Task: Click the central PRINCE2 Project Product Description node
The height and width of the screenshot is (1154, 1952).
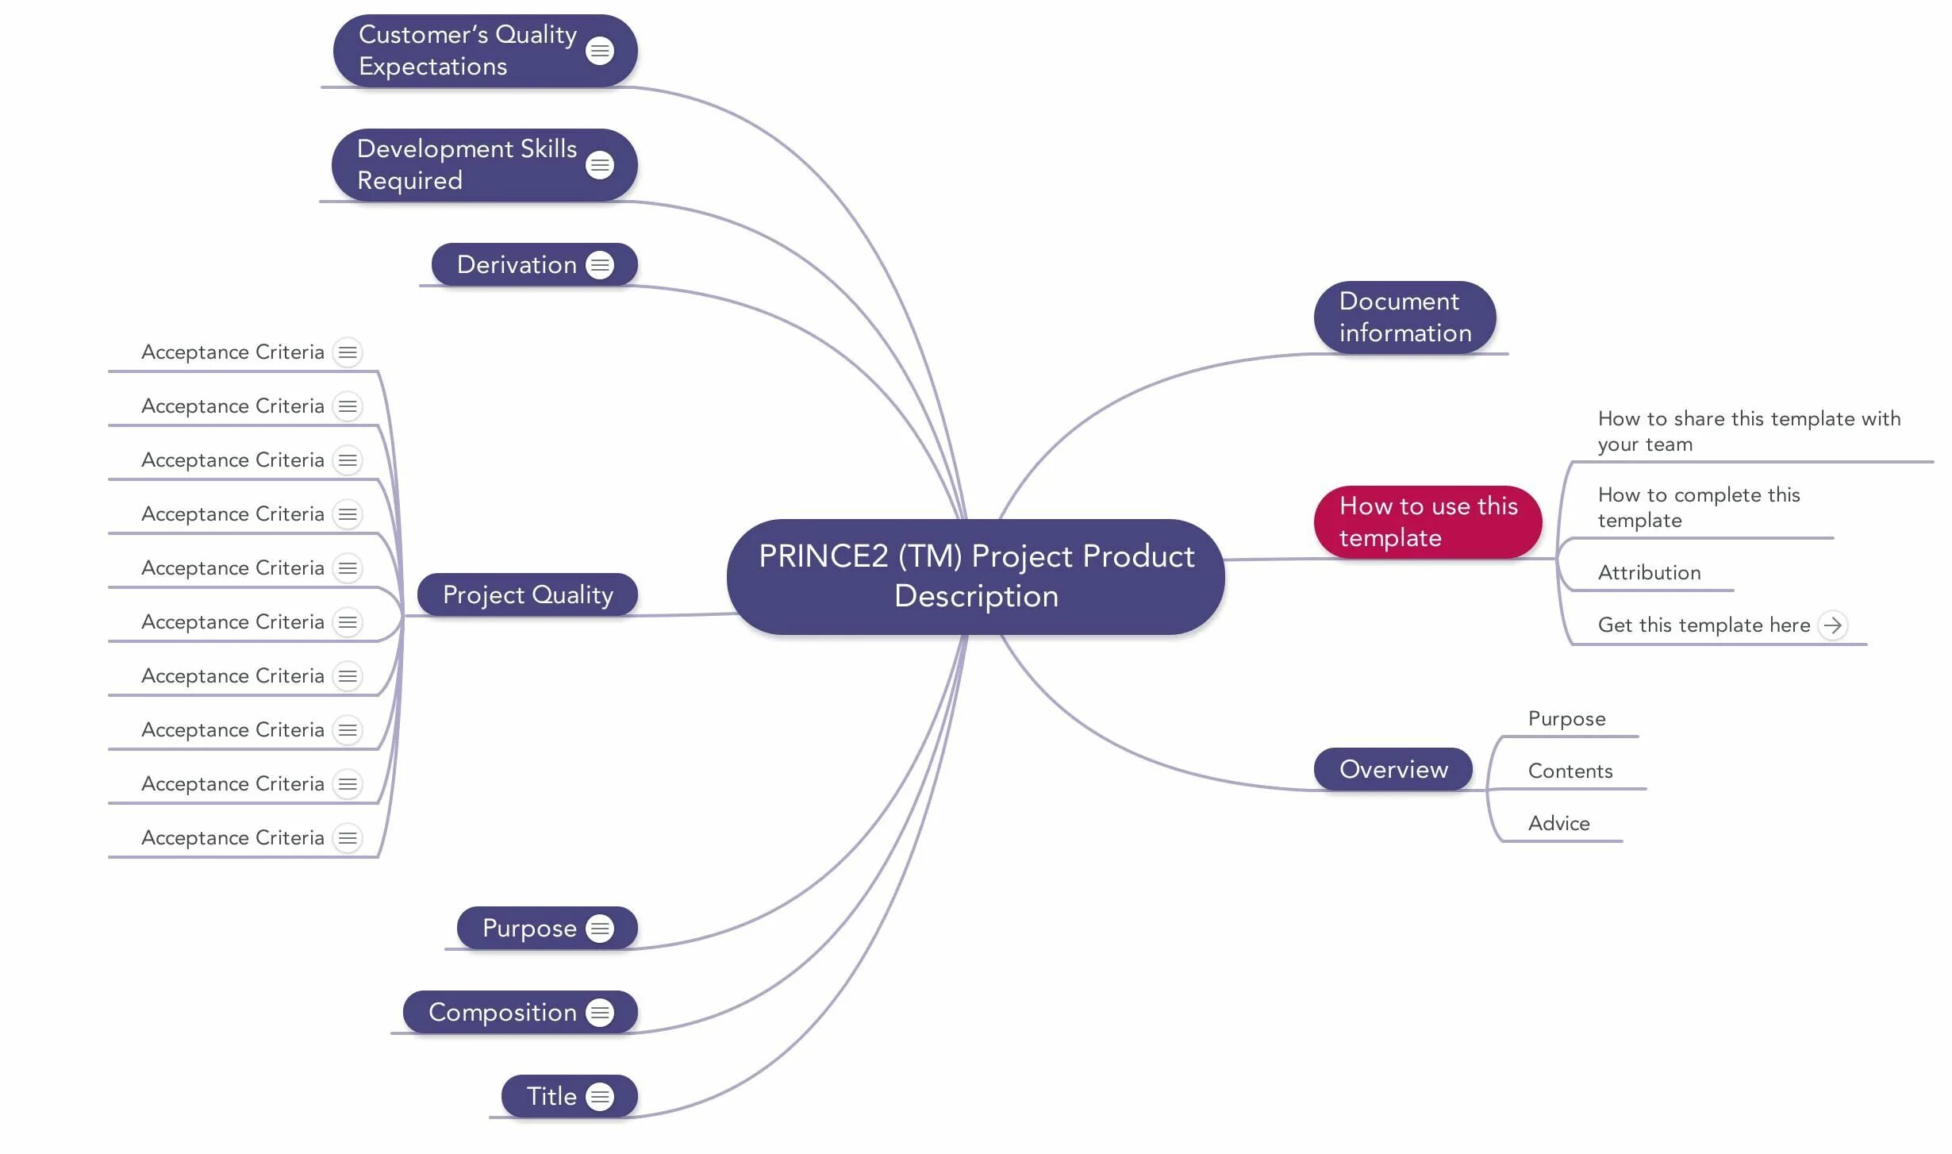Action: (x=975, y=576)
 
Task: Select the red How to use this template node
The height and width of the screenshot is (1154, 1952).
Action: (x=1427, y=522)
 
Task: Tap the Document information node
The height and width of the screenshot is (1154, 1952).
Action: (x=1404, y=317)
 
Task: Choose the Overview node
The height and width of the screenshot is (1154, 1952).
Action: (x=1393, y=769)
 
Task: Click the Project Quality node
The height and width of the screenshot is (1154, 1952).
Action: (x=528, y=594)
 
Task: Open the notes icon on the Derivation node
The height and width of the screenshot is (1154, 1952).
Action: (x=600, y=265)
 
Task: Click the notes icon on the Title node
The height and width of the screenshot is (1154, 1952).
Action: (x=600, y=1097)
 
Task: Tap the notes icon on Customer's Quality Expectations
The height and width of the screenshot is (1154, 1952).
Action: (x=600, y=51)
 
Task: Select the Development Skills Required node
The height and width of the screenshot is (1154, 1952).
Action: (x=468, y=164)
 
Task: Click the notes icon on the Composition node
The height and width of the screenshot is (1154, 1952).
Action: (x=600, y=1013)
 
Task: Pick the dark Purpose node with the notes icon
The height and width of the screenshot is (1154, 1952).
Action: (x=530, y=928)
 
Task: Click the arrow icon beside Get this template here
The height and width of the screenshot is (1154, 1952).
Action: (x=1833, y=625)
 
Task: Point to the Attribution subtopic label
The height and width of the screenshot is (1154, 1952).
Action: (x=1649, y=573)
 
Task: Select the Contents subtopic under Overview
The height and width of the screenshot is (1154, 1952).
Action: (x=1570, y=771)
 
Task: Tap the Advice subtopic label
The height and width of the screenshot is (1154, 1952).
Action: (x=1558, y=824)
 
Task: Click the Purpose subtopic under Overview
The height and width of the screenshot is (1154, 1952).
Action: (x=1566, y=719)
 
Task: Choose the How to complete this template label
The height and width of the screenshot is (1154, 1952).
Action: (x=1698, y=507)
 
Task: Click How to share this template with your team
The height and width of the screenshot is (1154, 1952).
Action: (x=1748, y=431)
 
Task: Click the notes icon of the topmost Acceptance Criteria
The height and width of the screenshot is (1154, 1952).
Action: (x=348, y=352)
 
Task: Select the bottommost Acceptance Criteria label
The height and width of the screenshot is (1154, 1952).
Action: (x=232, y=838)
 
